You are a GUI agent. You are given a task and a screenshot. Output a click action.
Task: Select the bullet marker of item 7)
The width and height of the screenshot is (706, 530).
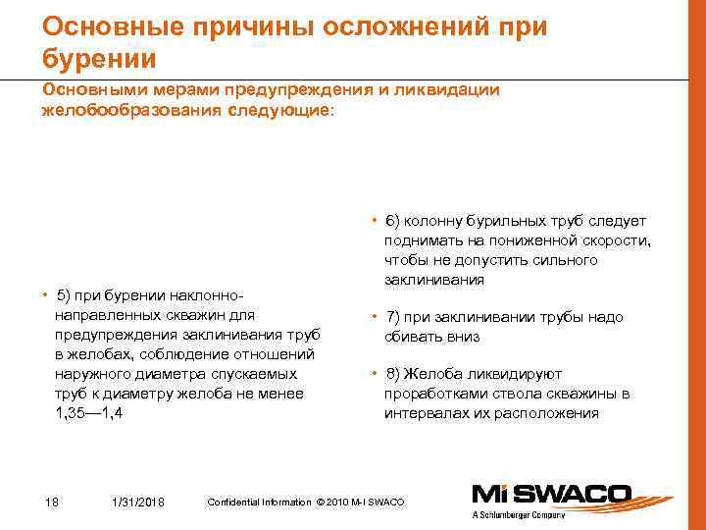coord(375,317)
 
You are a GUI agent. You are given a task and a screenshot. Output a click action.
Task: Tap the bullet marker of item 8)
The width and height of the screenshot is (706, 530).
coord(375,374)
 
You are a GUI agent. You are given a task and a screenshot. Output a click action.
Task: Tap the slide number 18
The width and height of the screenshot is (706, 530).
coord(52,503)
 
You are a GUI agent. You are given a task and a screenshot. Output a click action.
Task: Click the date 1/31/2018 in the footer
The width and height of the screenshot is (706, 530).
coord(138,503)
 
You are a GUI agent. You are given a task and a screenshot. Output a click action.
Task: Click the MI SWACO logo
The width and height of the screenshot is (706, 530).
coord(553,495)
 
